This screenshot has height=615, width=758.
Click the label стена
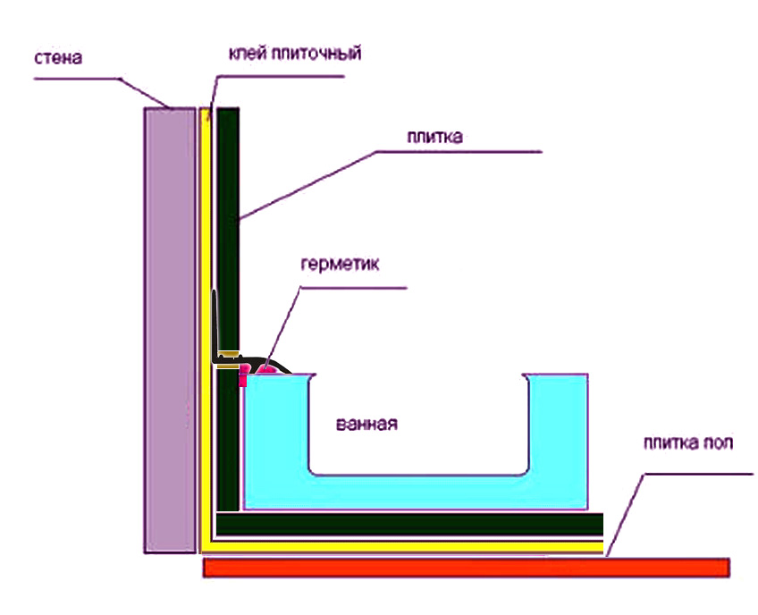click(x=58, y=60)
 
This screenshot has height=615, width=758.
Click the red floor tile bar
click(x=465, y=567)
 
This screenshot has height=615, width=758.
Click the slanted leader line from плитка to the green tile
click(x=304, y=183)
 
